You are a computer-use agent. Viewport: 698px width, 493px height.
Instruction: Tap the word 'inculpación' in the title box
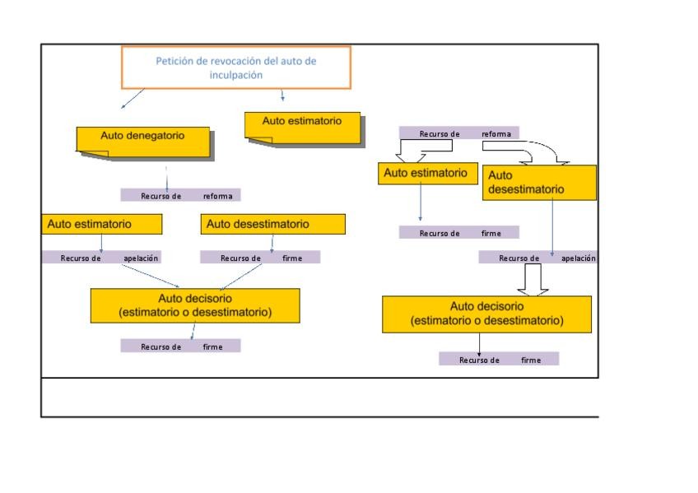[236, 75]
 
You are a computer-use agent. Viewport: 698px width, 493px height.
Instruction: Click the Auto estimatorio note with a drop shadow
[305, 129]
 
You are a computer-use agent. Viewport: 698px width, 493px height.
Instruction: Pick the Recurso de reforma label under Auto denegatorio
[181, 195]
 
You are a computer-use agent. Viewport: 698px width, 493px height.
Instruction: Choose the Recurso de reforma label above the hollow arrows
[459, 133]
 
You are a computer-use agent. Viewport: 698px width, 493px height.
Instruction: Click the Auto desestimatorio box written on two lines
[539, 183]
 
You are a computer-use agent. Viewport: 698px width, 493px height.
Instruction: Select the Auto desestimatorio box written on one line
[273, 224]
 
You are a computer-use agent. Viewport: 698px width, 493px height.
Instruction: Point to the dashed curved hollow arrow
[548, 151]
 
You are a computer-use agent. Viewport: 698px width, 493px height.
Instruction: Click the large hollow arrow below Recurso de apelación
[533, 280]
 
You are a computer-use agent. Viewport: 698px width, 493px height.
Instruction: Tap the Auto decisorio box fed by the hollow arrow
[487, 314]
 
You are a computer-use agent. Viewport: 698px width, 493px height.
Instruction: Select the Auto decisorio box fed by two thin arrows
[195, 305]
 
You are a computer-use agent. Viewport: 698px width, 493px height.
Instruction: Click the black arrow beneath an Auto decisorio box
[479, 344]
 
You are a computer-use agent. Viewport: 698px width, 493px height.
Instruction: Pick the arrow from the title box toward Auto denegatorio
[133, 98]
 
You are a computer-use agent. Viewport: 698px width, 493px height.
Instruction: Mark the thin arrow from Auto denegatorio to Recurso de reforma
[166, 179]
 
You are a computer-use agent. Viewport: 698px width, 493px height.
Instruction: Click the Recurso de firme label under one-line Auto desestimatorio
[260, 257]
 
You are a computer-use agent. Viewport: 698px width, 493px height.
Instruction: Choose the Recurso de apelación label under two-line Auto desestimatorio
[538, 257]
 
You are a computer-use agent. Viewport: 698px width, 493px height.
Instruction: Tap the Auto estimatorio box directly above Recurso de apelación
[101, 224]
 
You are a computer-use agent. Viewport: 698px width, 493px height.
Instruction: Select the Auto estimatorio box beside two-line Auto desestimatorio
[428, 173]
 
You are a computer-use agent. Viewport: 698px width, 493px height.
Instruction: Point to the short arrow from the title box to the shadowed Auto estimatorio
[282, 95]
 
